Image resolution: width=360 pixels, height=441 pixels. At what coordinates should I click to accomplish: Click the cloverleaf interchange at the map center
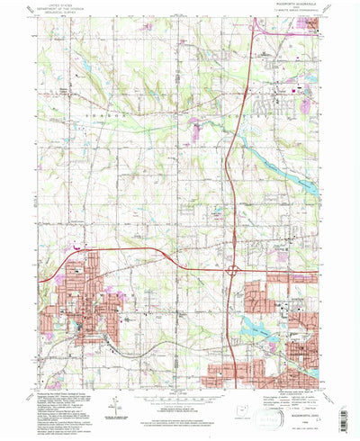click(x=233, y=268)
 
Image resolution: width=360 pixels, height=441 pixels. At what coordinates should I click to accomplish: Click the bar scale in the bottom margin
click(x=180, y=392)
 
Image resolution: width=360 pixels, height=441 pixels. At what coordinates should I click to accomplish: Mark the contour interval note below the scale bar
click(x=180, y=401)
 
